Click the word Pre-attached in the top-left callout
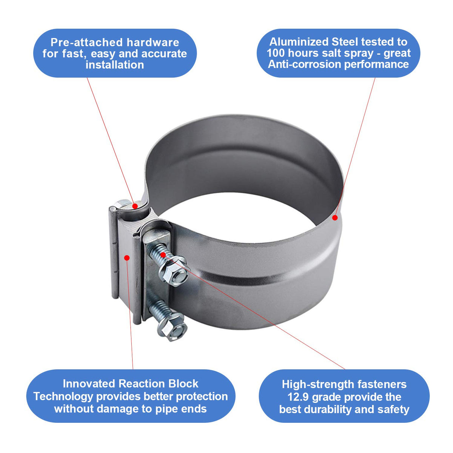tap(87, 43)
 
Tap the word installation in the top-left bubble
tap(115, 65)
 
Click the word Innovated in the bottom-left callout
tap(89, 384)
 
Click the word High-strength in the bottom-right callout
tap(318, 384)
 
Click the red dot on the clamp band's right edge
tap(335, 218)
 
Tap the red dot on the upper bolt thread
tap(163, 254)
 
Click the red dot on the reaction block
tap(127, 258)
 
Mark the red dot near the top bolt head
tap(135, 206)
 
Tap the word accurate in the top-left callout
tap(164, 54)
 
